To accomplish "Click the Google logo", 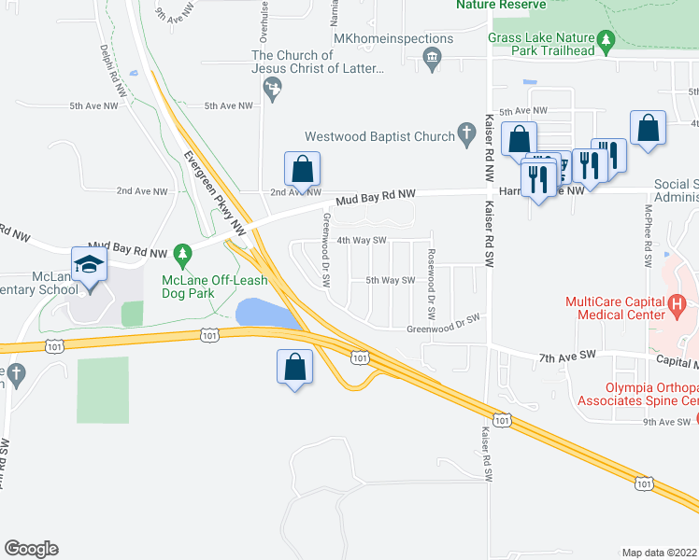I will click(31, 549).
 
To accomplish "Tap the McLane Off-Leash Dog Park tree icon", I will click(184, 253).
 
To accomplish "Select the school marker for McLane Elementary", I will click(89, 265).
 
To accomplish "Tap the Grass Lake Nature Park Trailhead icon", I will click(606, 39).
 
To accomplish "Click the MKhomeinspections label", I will click(393, 39).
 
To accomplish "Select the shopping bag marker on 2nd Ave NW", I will click(302, 170).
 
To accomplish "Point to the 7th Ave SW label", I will click(567, 357).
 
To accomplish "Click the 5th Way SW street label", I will click(389, 279).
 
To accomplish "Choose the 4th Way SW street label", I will click(361, 240).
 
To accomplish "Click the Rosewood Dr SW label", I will click(431, 279).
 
